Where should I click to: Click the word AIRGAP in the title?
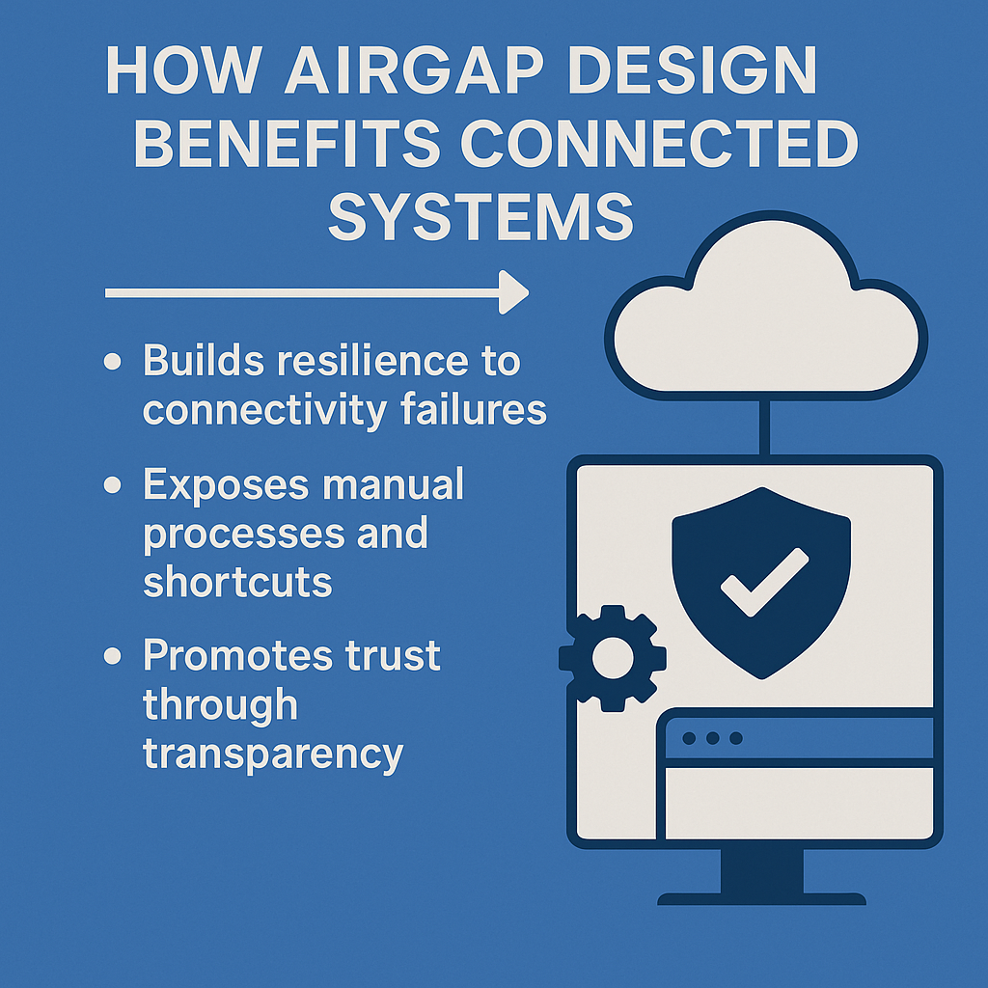[415, 69]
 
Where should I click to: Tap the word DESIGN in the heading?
[693, 69]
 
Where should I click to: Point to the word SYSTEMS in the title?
[480, 216]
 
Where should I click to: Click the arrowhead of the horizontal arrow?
[513, 292]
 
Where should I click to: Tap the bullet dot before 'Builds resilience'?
[112, 361]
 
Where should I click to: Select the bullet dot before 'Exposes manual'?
[112, 484]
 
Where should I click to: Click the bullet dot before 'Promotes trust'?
[112, 655]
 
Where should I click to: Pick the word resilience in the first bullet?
[372, 361]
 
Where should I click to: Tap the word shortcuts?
[237, 581]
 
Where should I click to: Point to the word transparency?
[273, 754]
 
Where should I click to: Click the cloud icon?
[765, 309]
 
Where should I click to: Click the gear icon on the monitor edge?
[613, 658]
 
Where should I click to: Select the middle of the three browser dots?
[713, 738]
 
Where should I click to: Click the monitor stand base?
[762, 898]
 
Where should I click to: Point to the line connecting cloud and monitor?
[764, 428]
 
